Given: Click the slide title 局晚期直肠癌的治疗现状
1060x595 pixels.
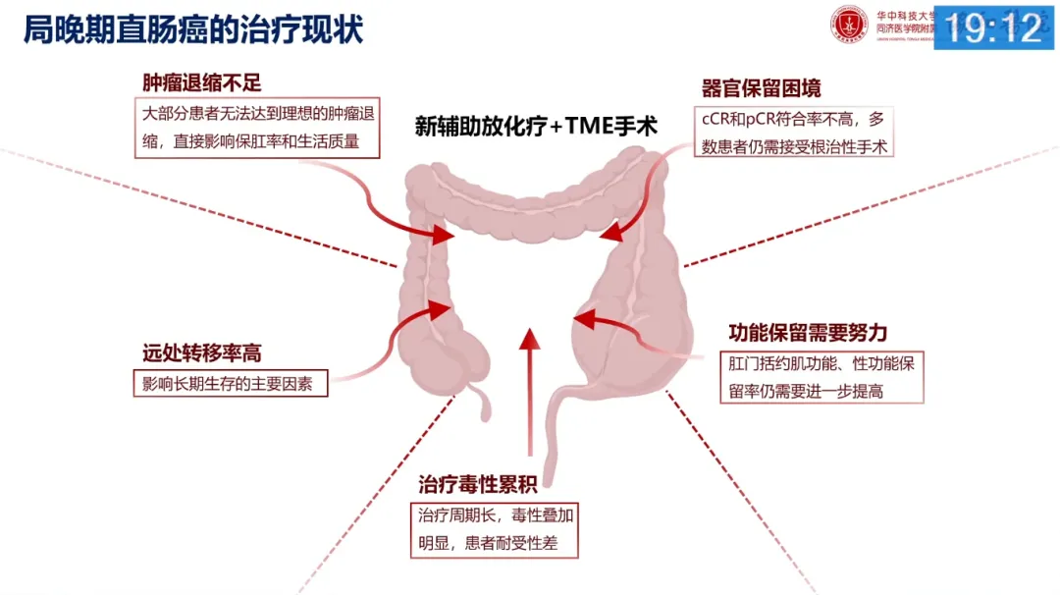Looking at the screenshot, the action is coord(193,29).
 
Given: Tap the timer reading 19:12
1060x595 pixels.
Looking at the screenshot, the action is coord(994,27).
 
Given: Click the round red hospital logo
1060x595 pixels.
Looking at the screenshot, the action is coord(850,25).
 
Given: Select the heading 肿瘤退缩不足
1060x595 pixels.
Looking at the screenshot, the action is coord(202,82).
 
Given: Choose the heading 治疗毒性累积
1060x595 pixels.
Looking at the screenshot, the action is coord(478,484).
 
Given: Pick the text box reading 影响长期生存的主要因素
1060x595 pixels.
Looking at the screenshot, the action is coord(229,384).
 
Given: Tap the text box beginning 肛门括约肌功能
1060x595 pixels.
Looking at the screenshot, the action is coord(822,377).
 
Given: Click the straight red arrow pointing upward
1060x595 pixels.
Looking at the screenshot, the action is coord(529,393).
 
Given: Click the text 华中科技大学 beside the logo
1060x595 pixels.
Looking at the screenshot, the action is coord(902,15).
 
